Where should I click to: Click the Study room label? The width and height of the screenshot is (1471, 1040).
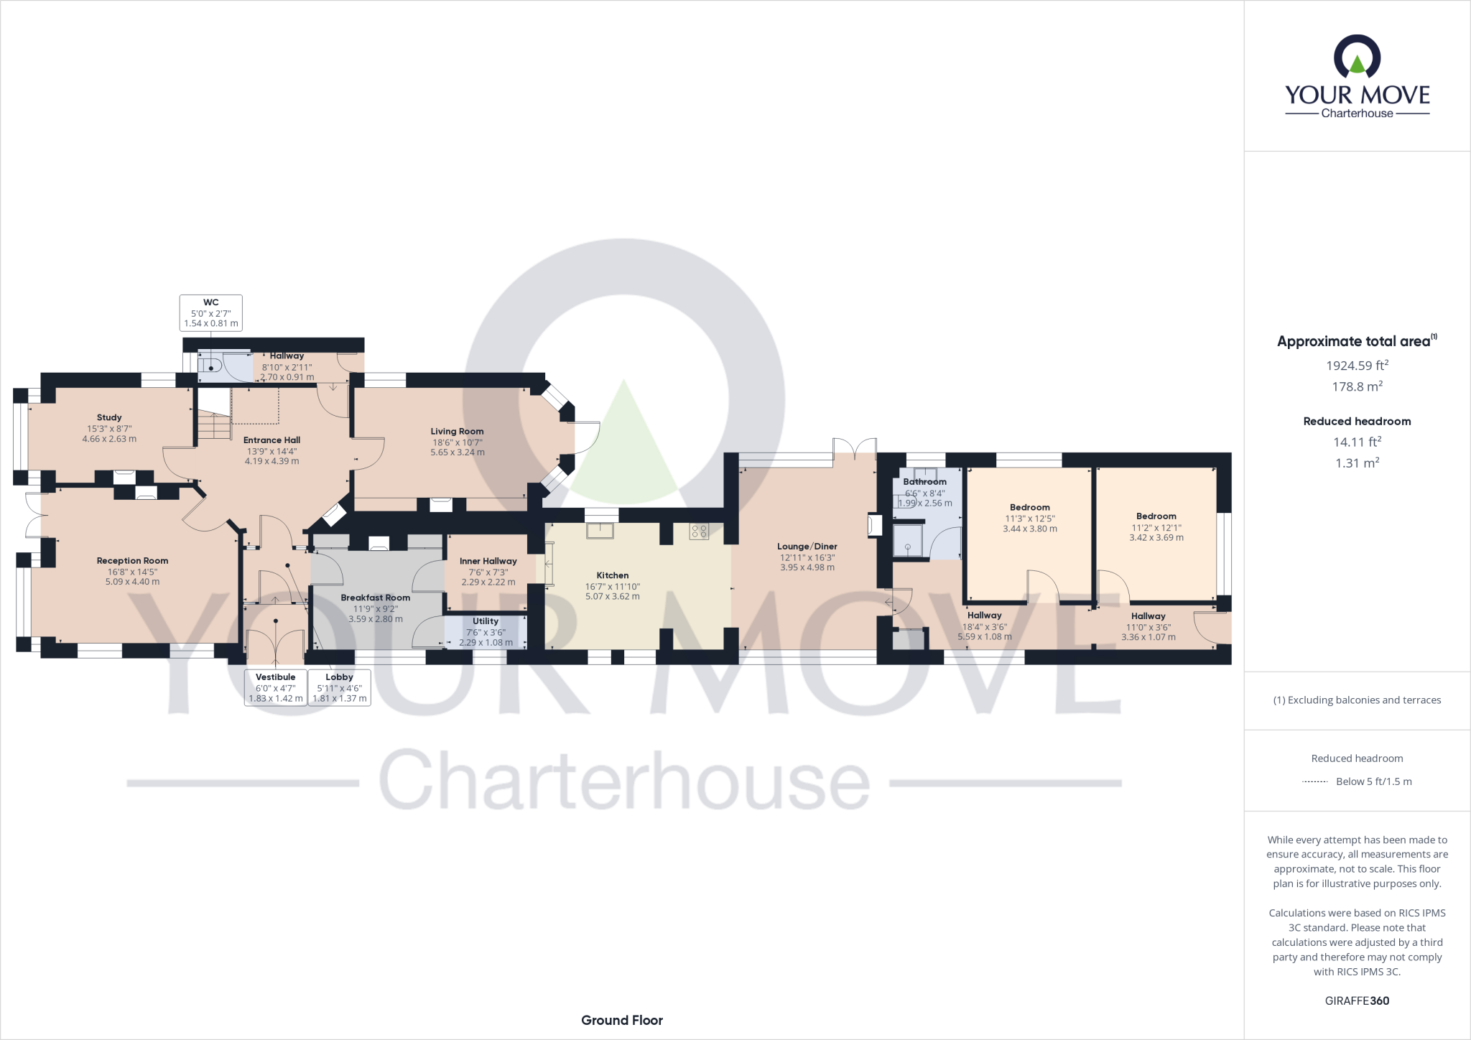coord(109,417)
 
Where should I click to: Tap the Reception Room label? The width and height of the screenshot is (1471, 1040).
coord(132,561)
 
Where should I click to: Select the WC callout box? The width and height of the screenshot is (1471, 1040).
coord(210,313)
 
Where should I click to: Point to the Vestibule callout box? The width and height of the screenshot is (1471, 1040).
coord(276,687)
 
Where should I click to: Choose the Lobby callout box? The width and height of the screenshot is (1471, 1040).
coord(339,687)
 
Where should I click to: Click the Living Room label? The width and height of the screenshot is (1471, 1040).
coord(457,432)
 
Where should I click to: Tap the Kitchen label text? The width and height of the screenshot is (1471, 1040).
coord(612,575)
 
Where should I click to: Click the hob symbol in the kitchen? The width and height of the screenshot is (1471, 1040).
coord(699,531)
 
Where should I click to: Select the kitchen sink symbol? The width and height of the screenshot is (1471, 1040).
coord(600,531)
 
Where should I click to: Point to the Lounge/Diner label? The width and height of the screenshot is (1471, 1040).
coord(807,547)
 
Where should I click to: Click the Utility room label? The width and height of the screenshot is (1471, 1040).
coord(486,621)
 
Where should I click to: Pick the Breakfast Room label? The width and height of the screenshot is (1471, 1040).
coord(375,598)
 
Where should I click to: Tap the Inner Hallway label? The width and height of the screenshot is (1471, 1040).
coord(488,561)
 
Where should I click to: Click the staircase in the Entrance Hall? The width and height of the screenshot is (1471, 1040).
coord(213,424)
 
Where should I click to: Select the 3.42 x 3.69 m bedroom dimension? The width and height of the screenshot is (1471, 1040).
coord(1156,537)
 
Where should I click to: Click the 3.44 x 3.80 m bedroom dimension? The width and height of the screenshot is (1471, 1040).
coord(1030,529)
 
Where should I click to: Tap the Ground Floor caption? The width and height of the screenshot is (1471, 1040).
coord(622,1020)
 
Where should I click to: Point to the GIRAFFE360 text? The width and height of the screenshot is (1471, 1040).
coord(1357,1000)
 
